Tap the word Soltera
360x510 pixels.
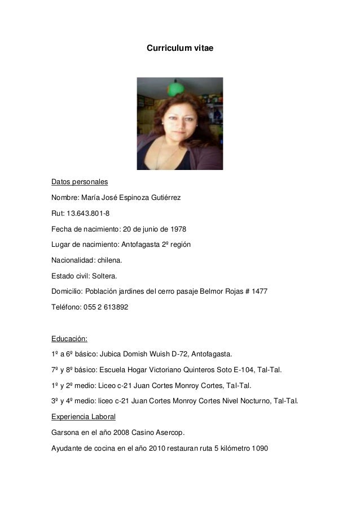pyautogui.click(x=105, y=277)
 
